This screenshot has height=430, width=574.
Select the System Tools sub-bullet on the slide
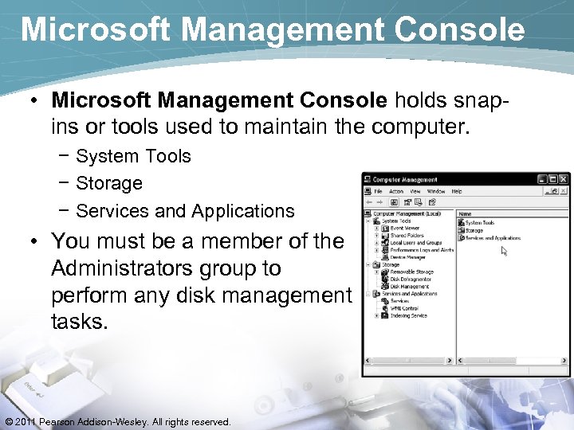coord(132,156)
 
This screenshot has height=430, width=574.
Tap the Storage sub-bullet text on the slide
coord(108,183)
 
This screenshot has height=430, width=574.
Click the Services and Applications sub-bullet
coord(184,211)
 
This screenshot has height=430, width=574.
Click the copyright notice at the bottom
coord(117,421)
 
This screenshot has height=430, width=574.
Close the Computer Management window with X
coord(564,179)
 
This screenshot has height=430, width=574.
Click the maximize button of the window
coord(553,179)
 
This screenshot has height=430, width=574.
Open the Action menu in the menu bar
coord(396,191)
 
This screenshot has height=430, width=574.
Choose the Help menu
coord(457,191)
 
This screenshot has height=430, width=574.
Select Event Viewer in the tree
coord(406,229)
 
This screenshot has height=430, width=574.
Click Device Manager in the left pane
coord(409,257)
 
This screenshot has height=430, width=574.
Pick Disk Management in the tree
coord(411,286)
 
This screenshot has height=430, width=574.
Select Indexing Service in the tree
coord(409,315)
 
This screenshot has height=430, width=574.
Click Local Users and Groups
coord(415,243)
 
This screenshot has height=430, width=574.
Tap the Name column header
coord(466,213)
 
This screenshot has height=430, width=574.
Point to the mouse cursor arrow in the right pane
coord(503,250)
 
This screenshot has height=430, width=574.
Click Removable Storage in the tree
coord(411,272)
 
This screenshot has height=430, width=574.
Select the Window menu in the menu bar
coord(436,191)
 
